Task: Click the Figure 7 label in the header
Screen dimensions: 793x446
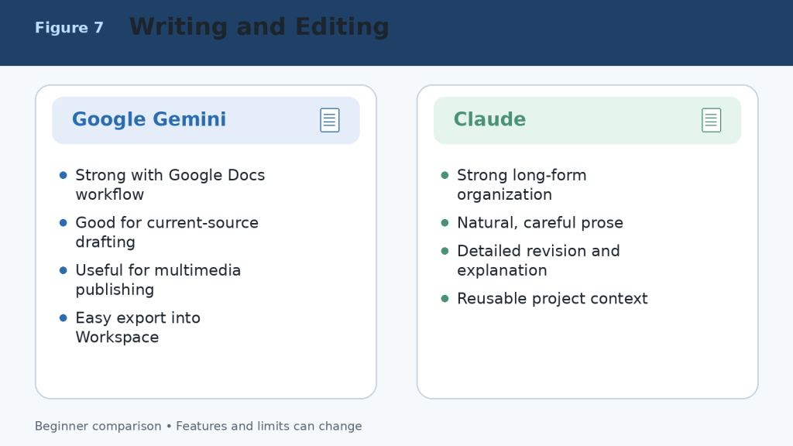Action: click(69, 27)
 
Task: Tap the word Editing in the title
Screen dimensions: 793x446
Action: click(342, 27)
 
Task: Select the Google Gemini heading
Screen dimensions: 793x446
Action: click(149, 119)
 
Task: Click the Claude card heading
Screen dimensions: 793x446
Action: click(489, 119)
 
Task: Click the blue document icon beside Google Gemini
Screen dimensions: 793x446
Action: click(330, 120)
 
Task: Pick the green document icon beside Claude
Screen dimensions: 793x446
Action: click(711, 120)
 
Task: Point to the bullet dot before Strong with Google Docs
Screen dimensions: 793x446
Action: click(64, 176)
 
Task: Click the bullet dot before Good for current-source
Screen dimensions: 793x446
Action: click(64, 223)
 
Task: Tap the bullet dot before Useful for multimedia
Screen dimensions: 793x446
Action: click(64, 270)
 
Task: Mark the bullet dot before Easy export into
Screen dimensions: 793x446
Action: click(64, 318)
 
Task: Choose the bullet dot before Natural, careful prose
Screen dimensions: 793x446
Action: click(445, 223)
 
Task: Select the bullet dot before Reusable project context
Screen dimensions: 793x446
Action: click(445, 299)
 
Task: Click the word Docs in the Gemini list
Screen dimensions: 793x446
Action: click(246, 175)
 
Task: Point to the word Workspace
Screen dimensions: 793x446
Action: click(118, 338)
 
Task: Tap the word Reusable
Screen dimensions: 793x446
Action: click(492, 298)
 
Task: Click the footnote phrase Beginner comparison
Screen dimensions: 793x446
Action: click(98, 427)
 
